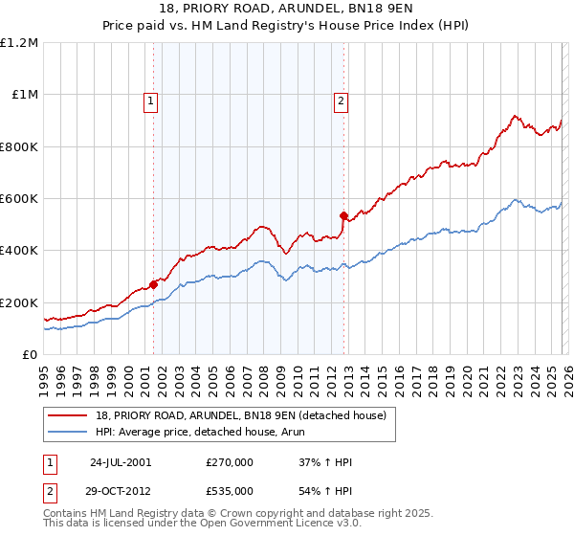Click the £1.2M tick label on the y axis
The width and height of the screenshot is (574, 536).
pos(19,43)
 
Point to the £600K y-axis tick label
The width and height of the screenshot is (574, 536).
pos(19,199)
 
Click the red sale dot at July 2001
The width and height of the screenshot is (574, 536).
pos(153,284)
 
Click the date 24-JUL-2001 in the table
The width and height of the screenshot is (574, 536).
pos(120,462)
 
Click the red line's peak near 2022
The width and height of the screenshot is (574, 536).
pos(514,117)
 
